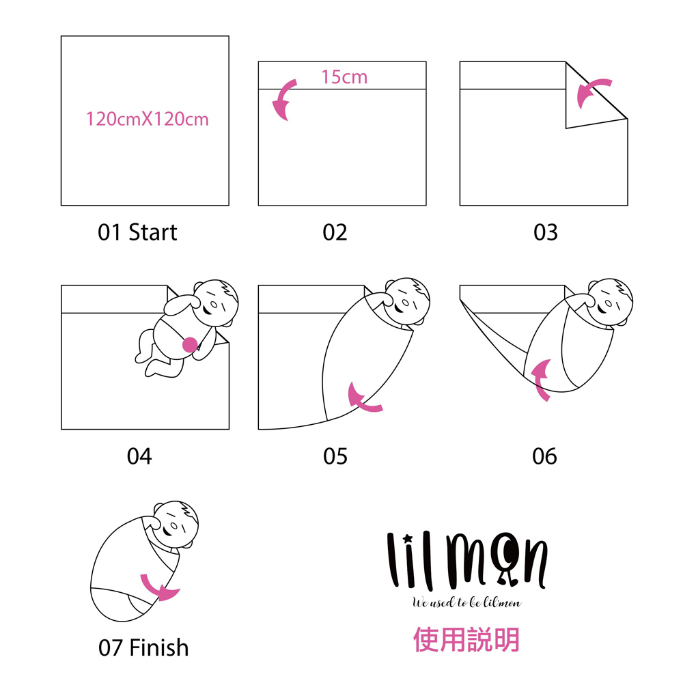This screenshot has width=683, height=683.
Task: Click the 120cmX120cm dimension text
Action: coord(148,119)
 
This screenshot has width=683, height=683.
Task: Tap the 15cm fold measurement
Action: coord(344,76)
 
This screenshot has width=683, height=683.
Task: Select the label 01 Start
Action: coord(137,232)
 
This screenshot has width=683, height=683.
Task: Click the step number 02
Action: coord(335,232)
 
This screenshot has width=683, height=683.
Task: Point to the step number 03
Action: coord(545,232)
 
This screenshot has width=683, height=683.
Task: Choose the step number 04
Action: coord(139,456)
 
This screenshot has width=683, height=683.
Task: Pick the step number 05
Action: coord(335,456)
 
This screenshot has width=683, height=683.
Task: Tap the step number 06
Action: coord(544,456)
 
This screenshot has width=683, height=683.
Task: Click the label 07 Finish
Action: coord(143,647)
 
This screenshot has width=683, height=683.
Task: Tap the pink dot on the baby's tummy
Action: coord(190,344)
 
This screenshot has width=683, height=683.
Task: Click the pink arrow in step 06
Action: coord(540,379)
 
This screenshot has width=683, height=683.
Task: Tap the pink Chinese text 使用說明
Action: coord(466,639)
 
